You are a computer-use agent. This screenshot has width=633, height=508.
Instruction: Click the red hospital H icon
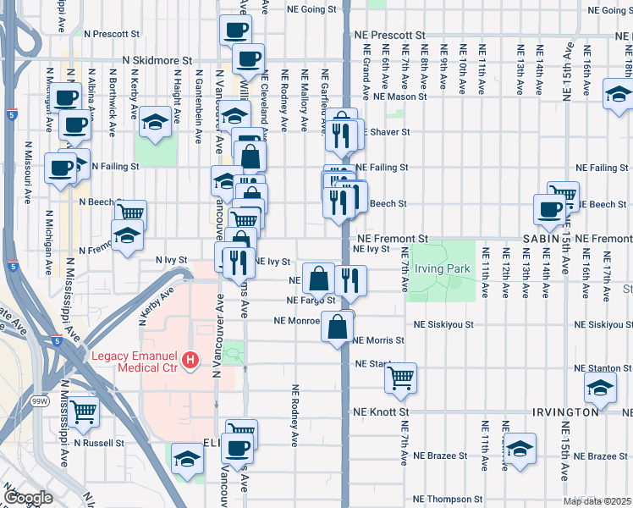(190, 360)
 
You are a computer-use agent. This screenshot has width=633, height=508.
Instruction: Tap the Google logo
(28, 498)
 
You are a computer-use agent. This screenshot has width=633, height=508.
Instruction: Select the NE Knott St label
(381, 411)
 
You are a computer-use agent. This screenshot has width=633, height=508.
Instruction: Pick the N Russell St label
(98, 442)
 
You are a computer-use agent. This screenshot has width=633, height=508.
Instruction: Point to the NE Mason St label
(400, 97)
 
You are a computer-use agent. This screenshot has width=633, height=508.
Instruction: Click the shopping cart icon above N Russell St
(84, 411)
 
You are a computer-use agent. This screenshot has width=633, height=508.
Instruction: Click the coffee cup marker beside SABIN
(548, 208)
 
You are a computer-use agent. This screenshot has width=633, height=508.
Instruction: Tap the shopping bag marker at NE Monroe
(337, 326)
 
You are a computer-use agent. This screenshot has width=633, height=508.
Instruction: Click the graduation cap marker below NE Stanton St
(599, 387)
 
